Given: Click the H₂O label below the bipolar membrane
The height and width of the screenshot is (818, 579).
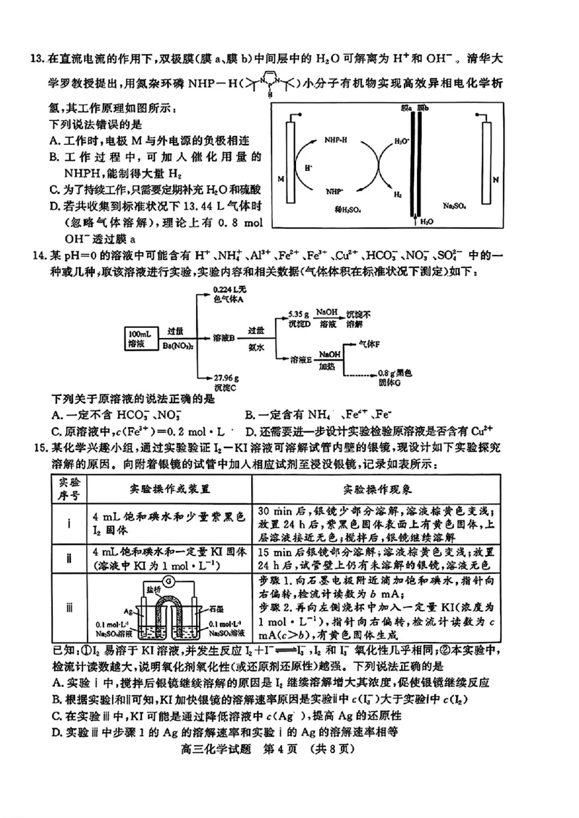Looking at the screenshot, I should coord(427,222).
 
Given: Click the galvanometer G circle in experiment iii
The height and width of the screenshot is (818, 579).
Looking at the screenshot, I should coord(169,581).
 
